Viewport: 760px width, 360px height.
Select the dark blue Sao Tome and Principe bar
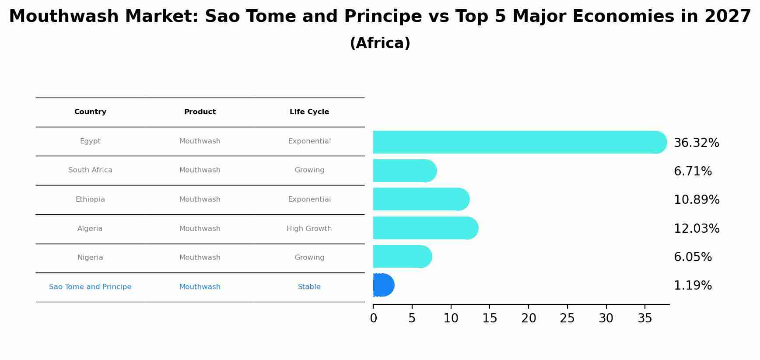[383, 285]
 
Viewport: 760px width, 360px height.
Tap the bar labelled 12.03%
[424, 228]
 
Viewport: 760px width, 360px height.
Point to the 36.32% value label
[696, 143]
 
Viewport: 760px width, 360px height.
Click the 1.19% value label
[693, 286]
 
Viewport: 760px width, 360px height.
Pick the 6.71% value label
[693, 171]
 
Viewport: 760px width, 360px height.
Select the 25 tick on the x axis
[567, 318]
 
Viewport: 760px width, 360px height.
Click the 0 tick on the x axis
[373, 318]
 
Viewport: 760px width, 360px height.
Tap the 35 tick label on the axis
[645, 318]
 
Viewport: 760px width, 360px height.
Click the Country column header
[90, 112]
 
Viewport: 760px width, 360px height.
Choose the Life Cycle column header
[309, 112]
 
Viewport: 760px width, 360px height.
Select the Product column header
[200, 112]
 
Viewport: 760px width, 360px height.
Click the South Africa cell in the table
[90, 170]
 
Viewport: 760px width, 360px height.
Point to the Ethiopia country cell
[90, 199]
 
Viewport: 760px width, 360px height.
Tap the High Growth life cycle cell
[309, 229]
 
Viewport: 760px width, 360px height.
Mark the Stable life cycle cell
[309, 287]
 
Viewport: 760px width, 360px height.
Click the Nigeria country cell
[90, 258]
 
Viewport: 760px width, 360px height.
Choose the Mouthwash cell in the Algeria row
[200, 229]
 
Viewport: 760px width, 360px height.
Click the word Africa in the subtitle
[380, 43]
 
